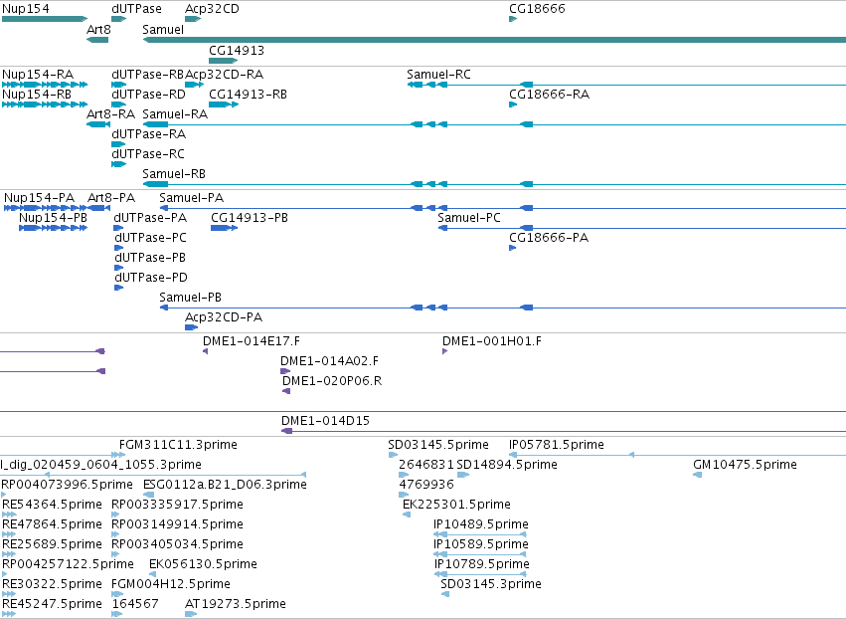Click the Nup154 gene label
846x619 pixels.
coord(26,9)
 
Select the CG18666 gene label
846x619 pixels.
coord(537,9)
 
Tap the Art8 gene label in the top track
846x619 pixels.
coord(98,29)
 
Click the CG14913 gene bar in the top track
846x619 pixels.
coord(223,61)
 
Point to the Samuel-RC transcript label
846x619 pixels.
coord(438,74)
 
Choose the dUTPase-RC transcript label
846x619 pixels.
coord(148,154)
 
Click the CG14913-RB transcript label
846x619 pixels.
coord(248,94)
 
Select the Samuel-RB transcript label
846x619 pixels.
coord(174,174)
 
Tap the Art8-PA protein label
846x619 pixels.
coord(111,198)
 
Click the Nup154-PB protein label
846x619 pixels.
coord(53,218)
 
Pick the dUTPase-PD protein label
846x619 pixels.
coord(150,277)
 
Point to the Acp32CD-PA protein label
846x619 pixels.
coord(224,317)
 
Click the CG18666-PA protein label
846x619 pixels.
coord(549,238)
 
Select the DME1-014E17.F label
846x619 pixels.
coord(251,340)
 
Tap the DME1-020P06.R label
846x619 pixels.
coord(332,381)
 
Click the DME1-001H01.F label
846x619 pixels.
coord(491,340)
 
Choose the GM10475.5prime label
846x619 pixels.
coord(745,465)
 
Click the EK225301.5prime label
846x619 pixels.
coord(456,505)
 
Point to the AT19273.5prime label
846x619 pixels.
coord(236,604)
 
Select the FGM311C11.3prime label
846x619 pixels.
coord(178,445)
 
